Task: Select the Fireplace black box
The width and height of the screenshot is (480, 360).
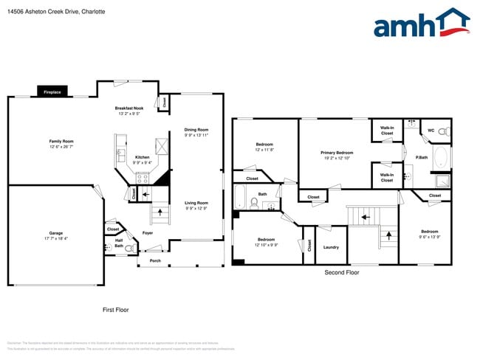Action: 52,92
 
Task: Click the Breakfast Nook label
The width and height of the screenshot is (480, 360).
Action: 129,108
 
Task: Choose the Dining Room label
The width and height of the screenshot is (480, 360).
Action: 196,130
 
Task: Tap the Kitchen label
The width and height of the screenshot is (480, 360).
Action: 142,157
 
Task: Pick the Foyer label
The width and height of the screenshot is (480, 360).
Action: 148,233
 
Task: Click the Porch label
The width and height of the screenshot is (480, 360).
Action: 155,260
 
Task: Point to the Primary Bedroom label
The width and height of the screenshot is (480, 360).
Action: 337,153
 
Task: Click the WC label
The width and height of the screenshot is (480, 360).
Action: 431,131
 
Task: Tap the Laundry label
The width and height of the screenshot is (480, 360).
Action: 331,247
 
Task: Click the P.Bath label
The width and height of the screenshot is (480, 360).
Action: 422,157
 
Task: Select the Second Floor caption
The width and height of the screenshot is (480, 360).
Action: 342,272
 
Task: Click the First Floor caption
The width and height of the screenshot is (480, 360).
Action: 115,310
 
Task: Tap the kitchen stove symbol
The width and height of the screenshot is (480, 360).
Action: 143,177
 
